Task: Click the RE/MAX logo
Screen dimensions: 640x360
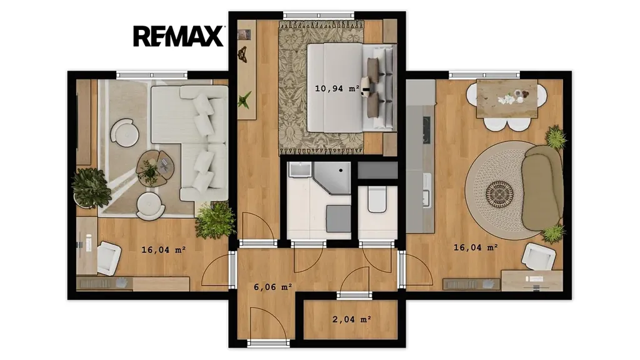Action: click(178, 36)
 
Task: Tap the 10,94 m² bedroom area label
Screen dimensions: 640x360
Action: click(337, 88)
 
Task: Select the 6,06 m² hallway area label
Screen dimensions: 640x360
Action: click(273, 287)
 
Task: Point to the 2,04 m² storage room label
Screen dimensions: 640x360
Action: click(351, 319)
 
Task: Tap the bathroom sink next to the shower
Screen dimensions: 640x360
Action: click(299, 170)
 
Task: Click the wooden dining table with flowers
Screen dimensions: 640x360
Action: click(506, 98)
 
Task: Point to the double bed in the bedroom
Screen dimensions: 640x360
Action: click(351, 87)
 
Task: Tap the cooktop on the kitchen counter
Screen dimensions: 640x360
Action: click(426, 130)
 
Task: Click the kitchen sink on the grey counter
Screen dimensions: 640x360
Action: click(427, 191)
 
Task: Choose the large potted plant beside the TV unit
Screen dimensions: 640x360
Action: click(91, 187)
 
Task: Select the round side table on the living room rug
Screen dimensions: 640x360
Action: click(124, 132)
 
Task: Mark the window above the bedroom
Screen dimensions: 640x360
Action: click(319, 15)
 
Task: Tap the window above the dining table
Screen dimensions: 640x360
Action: click(484, 75)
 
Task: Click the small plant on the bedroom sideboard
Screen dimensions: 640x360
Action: click(245, 99)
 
